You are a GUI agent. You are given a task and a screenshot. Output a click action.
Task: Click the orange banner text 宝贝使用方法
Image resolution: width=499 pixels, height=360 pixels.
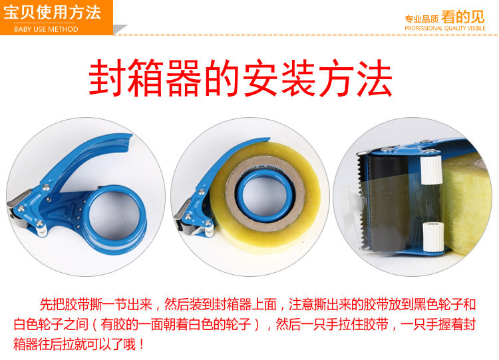tap(52, 13)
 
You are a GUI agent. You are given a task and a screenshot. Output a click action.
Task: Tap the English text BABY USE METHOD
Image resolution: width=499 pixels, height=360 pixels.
tap(46, 29)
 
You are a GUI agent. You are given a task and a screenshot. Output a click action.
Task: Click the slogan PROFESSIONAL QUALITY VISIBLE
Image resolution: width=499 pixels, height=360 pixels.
tap(445, 29)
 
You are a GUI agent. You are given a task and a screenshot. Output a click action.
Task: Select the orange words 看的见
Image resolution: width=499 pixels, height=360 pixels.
tap(462, 17)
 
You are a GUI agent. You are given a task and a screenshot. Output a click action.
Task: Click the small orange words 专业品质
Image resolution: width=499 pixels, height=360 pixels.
tap(422, 19)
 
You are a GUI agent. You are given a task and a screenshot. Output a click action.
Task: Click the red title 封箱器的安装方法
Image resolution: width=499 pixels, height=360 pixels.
tap(241, 78)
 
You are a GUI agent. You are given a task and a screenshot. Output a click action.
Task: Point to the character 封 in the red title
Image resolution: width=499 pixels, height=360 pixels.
tap(106, 78)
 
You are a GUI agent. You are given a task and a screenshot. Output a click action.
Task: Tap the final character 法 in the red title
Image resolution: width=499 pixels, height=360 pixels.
tap(374, 78)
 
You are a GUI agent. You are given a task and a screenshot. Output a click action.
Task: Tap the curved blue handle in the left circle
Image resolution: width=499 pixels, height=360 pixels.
tap(83, 156)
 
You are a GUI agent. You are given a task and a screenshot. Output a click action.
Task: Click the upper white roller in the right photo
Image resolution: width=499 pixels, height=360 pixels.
tap(431, 170)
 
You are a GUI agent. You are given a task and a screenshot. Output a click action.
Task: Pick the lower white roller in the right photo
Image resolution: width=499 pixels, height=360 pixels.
tap(433, 237)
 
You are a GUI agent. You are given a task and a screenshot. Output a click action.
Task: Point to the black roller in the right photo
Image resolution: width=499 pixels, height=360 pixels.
tap(387, 204)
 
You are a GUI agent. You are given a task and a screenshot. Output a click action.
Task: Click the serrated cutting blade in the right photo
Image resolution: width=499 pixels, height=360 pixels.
tap(361, 200)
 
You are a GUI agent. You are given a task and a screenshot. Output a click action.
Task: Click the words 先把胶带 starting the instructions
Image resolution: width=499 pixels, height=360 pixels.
tap(65, 304)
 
